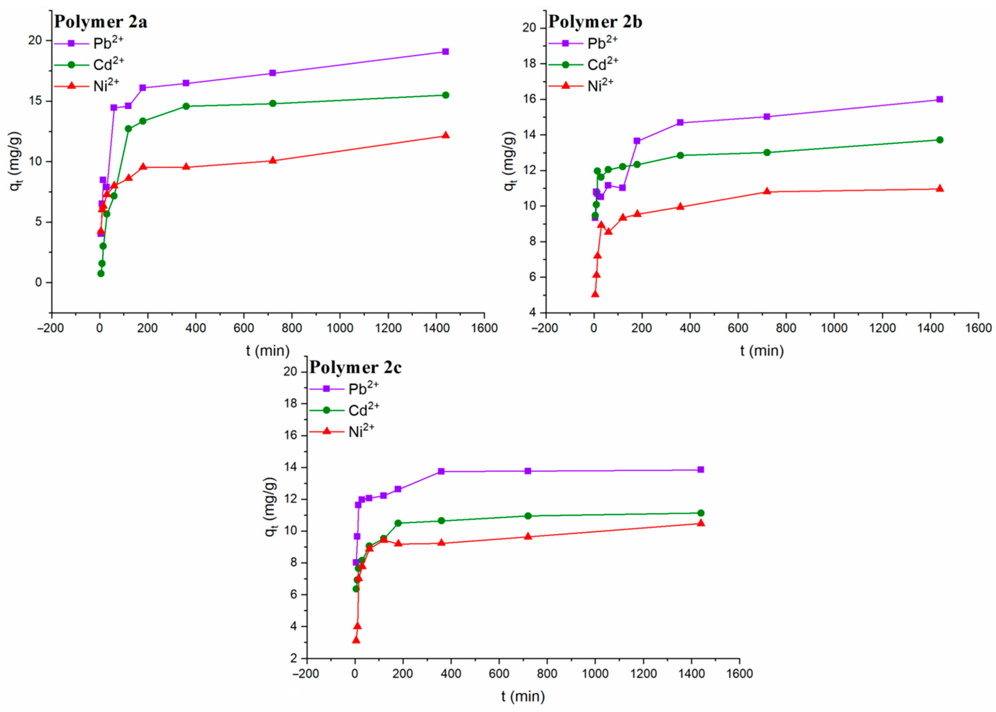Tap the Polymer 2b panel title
pyautogui.click(x=595, y=22)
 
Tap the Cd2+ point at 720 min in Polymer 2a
pyautogui.click(x=272, y=103)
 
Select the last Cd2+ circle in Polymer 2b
pyautogui.click(x=939, y=140)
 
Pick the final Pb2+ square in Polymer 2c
pyautogui.click(x=701, y=470)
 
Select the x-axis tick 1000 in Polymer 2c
pyautogui.click(x=595, y=674)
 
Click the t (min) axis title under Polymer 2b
pyautogui.click(x=762, y=351)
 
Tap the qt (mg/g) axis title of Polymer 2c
pyautogui.click(x=270, y=507)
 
